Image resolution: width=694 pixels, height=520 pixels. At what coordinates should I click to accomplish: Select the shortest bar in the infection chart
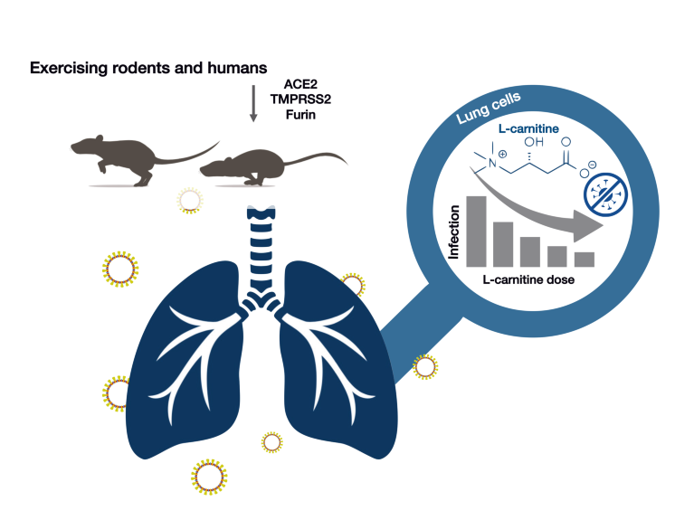584,259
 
